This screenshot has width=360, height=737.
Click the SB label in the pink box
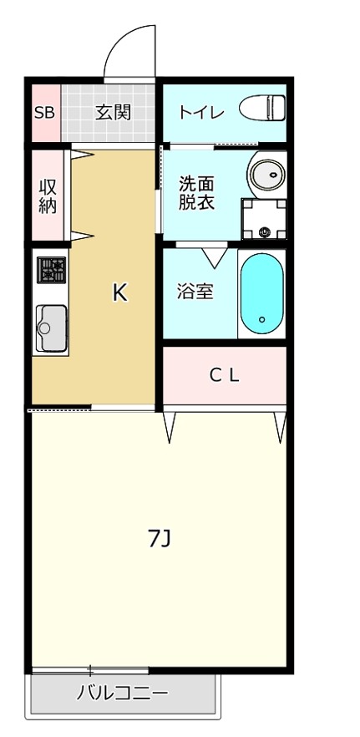[44, 112]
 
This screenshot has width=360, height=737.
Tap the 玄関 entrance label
[113, 112]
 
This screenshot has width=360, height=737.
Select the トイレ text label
[200, 112]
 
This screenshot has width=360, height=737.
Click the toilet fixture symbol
[262, 109]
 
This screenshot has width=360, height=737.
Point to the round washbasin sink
[267, 175]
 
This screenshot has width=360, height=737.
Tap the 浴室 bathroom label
[195, 292]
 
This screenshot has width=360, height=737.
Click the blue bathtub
[261, 293]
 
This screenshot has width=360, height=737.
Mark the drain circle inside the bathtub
[261, 319]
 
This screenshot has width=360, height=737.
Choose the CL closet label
[224, 376]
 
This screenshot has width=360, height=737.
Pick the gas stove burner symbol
[52, 270]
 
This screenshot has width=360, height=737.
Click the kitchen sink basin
[52, 326]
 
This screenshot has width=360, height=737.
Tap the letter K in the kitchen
[120, 292]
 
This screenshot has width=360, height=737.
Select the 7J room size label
[160, 539]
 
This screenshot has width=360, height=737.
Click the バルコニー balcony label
[123, 693]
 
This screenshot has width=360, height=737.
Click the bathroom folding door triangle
[214, 256]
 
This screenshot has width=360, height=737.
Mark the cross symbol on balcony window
[90, 670]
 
